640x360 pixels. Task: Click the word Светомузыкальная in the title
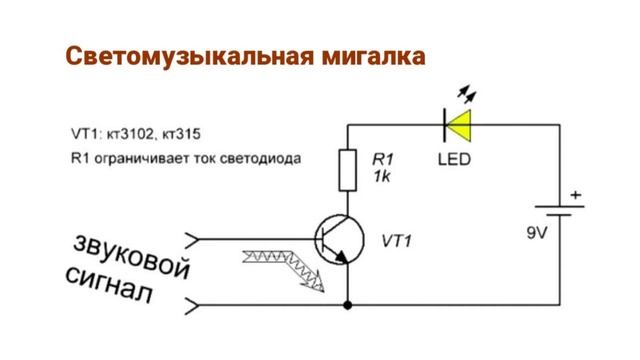189,55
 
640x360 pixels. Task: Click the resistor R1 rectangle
348,169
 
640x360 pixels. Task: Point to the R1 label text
383,159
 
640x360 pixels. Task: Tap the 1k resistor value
382,176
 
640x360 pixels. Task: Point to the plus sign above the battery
575,193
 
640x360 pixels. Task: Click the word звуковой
130,255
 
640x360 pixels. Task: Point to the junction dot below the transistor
348,301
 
